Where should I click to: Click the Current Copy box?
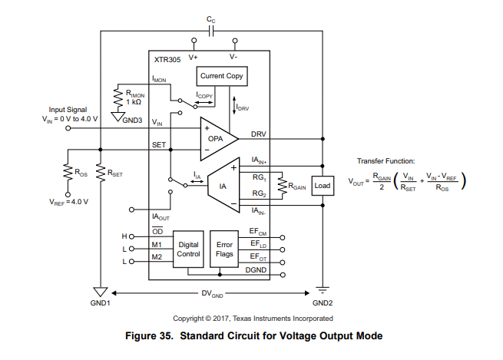point(222,76)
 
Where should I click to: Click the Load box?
point(322,186)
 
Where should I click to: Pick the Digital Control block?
point(188,249)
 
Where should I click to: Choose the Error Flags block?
point(224,249)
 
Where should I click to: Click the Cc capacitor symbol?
point(210,31)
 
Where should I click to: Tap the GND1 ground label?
point(101,303)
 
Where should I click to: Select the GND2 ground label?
point(323,303)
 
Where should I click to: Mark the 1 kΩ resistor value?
point(134,102)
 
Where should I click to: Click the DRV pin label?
point(260,134)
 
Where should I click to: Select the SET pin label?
point(159,144)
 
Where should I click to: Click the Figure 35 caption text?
point(254,335)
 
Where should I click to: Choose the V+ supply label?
point(194,56)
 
